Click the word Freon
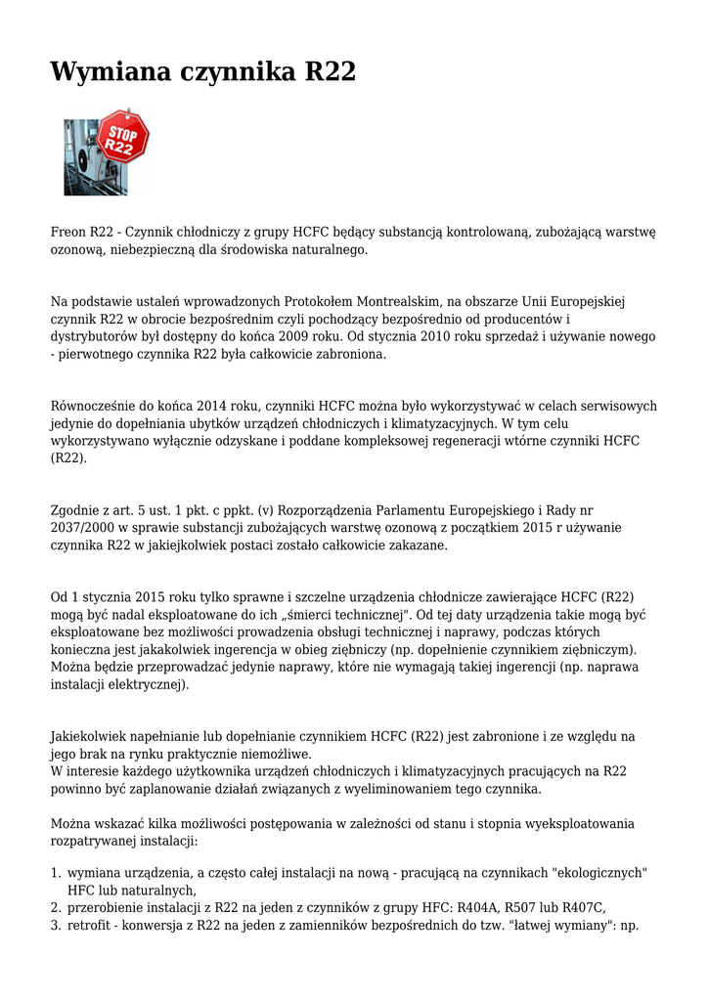point(68,233)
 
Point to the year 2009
point(299,336)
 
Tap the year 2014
point(213,406)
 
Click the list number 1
point(56,872)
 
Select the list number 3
point(56,925)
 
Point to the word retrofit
point(90,925)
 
